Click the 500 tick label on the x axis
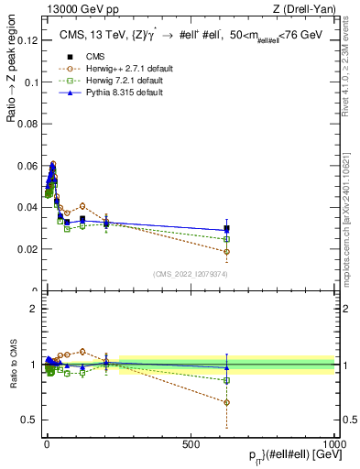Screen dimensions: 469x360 point(191,443)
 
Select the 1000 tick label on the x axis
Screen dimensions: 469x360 point(335,443)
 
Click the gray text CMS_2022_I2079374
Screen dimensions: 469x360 point(190,275)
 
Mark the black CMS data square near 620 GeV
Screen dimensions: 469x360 point(226,229)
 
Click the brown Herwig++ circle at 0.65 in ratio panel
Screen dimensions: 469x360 point(226,402)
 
